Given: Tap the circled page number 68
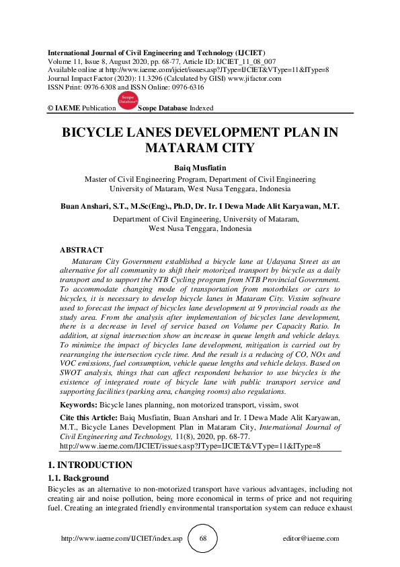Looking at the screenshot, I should tap(203, 539).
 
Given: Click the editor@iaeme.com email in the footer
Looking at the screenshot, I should tap(312, 539).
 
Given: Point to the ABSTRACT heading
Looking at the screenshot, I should tap(82, 249).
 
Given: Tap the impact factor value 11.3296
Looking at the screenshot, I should tap(134, 78).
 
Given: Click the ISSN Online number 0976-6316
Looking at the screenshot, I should tap(188, 87).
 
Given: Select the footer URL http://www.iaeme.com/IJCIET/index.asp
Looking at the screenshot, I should tap(122, 539).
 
